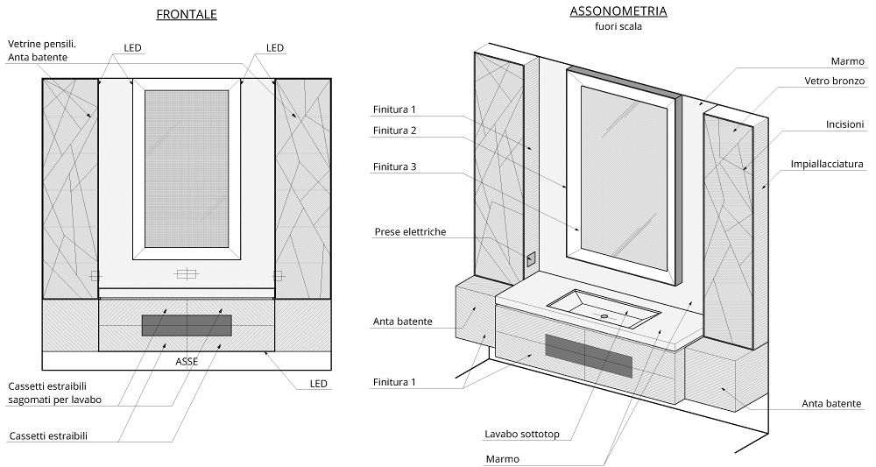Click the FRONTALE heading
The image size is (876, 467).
[x=187, y=15]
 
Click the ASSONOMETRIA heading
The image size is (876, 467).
[x=618, y=11]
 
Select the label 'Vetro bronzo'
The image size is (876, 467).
[x=834, y=81]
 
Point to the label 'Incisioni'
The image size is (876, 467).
[x=844, y=124]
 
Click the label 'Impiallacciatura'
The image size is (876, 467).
[x=827, y=164]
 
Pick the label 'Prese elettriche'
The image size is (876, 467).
[x=410, y=232]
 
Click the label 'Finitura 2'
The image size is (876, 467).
[x=394, y=131]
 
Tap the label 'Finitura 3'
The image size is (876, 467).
[x=394, y=166]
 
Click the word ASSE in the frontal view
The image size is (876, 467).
[x=187, y=361]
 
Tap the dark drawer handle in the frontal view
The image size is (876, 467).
[x=187, y=325]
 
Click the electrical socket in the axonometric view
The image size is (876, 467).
[x=530, y=258]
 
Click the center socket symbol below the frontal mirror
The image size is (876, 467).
[x=187, y=275]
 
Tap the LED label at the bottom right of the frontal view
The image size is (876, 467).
[x=318, y=384]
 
